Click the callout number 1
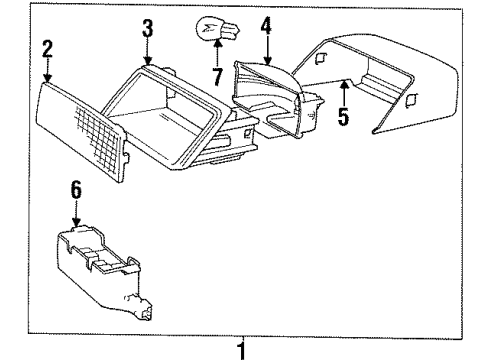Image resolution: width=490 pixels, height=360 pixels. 240,349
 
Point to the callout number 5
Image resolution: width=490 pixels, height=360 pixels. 345,117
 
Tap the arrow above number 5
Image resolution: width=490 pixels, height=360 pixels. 345,95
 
